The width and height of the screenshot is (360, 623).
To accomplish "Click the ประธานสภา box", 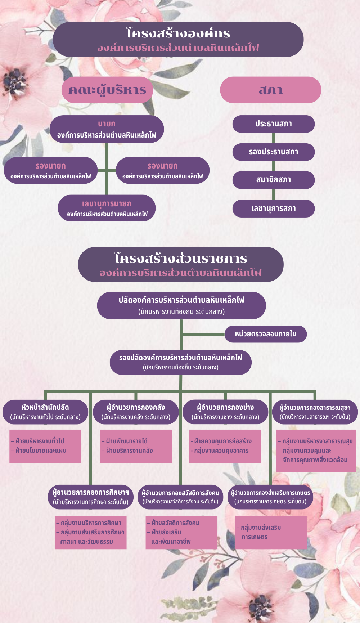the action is pos(274,124).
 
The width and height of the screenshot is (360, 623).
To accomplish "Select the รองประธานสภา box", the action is pos(274,152).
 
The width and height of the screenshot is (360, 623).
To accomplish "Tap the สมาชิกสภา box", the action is pos(274,180).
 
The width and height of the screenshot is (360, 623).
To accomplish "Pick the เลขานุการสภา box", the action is pos(274,209).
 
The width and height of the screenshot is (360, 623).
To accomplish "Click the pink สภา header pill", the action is pos(271,90).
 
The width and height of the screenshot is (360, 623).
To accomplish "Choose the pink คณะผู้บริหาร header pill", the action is pos(107,90).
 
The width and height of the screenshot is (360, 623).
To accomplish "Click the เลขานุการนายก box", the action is pos(107,208).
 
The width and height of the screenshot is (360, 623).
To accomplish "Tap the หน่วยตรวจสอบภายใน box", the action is pos(266,334).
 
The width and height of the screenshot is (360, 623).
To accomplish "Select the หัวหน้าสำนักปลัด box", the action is pos(45,412).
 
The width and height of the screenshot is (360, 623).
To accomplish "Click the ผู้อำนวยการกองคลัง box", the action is pos(136,412).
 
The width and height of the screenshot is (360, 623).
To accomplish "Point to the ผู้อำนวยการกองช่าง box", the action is pos(225,412).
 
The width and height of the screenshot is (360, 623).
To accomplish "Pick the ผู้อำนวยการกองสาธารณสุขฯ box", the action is pos(315,412).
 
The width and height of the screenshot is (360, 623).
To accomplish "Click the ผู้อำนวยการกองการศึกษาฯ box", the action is pos(91,497).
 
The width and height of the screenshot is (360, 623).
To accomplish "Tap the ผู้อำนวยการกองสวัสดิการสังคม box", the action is pos(180,497).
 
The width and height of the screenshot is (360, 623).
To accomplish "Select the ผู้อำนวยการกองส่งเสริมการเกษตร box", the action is pos(270,497).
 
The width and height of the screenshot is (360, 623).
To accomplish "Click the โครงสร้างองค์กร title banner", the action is pos(178,40).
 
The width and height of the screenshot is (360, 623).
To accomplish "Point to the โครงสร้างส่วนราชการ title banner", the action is pos(181,265).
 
